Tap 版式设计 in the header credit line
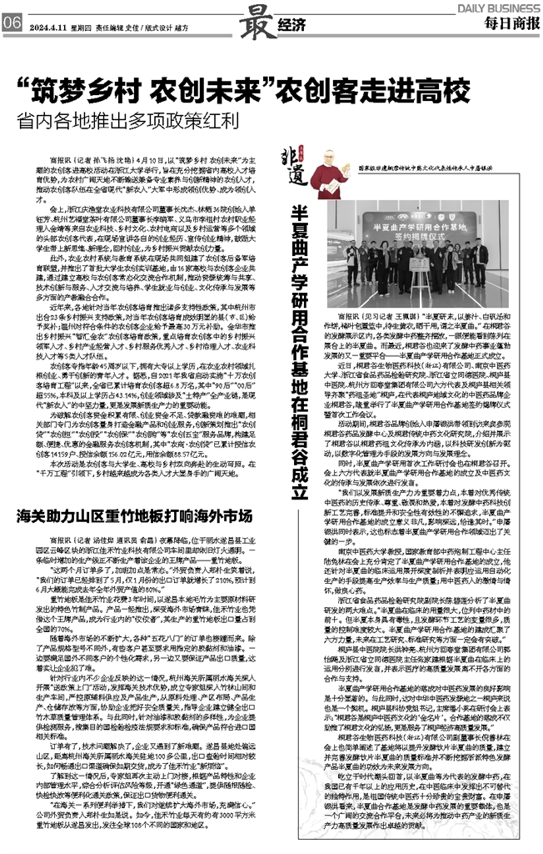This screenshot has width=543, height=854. coord(164,25)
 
